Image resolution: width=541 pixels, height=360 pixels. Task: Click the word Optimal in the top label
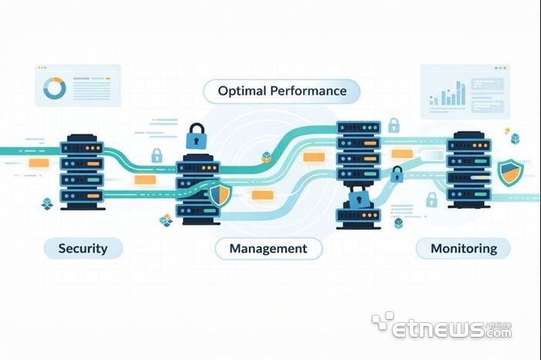[x=241, y=91]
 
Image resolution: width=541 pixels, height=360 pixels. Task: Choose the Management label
[x=267, y=249]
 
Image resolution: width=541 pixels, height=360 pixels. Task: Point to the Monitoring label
[x=463, y=249]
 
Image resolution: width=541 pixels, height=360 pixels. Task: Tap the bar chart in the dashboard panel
[x=447, y=96]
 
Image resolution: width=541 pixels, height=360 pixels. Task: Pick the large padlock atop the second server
[x=198, y=137]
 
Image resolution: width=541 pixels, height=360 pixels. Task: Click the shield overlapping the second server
[x=219, y=193]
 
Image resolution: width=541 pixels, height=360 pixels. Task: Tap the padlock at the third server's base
[x=356, y=200]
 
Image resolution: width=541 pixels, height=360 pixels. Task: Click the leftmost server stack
[x=82, y=172]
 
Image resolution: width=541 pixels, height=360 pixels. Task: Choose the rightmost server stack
[x=468, y=168]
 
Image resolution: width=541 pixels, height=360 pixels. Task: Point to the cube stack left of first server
[x=47, y=204]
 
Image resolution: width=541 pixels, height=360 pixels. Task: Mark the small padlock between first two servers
[x=157, y=155]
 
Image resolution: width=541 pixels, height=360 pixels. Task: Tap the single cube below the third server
[x=398, y=224]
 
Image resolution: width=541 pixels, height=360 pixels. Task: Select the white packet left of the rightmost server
[x=432, y=155]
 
